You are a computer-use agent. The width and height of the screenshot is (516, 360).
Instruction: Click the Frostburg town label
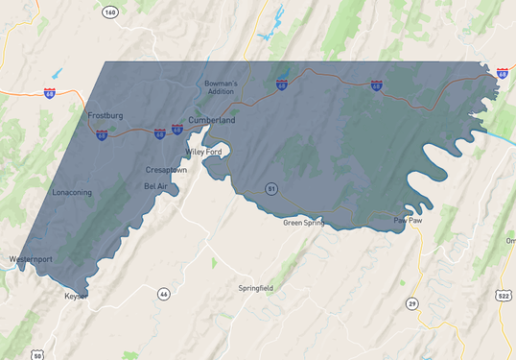(x=106, y=115)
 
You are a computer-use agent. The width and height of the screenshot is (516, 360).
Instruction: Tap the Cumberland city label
(x=211, y=120)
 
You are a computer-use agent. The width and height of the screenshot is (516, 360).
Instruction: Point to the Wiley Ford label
(x=202, y=152)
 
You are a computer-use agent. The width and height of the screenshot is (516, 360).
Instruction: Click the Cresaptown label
(x=166, y=169)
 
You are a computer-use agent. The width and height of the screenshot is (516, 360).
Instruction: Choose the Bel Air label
(x=156, y=185)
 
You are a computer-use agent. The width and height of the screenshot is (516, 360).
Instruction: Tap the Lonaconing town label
(x=72, y=192)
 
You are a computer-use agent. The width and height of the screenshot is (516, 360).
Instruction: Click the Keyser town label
(x=76, y=296)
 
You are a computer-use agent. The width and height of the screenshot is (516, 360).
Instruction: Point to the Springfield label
(x=255, y=287)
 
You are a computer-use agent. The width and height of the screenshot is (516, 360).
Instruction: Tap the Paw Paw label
(x=408, y=220)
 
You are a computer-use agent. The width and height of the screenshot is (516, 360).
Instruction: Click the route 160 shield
(x=110, y=12)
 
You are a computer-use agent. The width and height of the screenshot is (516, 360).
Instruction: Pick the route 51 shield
(x=271, y=189)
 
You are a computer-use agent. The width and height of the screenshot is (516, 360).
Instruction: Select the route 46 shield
(x=164, y=293)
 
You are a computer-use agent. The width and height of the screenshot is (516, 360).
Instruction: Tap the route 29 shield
(x=411, y=303)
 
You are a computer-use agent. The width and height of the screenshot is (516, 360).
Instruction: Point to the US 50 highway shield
(x=36, y=355)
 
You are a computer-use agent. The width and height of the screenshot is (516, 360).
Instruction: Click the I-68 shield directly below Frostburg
(x=102, y=135)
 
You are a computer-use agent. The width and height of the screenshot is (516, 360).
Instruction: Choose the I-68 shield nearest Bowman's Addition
(x=282, y=84)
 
